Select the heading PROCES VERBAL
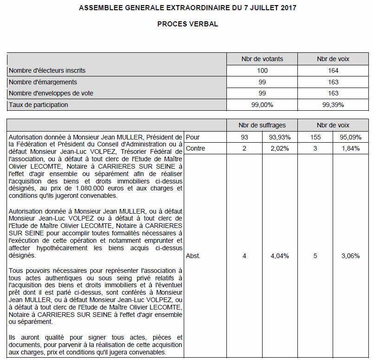(x=187, y=24)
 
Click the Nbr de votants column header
(x=262, y=59)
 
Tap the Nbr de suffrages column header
(x=262, y=125)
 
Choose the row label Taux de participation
(x=39, y=105)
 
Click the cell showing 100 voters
(x=262, y=70)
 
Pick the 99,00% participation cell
(x=262, y=105)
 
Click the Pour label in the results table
(x=192, y=137)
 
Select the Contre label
(x=195, y=148)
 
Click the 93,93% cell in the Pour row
(x=280, y=137)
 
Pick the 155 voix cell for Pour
(x=315, y=137)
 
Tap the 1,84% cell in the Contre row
(x=351, y=148)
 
